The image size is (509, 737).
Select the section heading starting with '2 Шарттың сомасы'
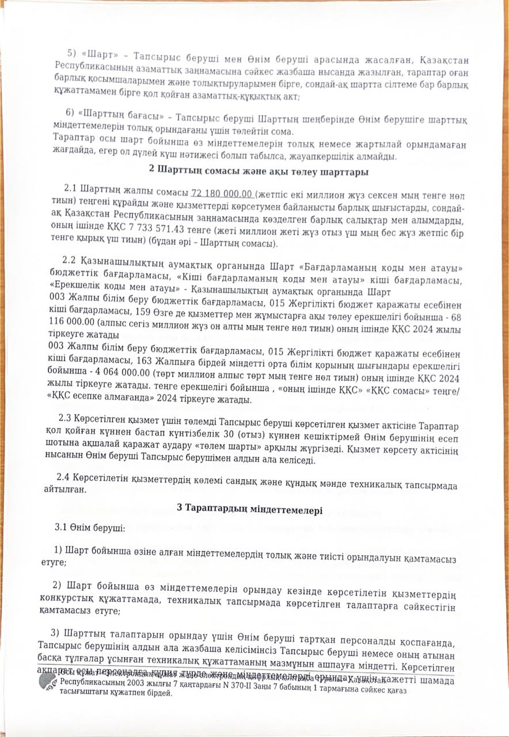[x=259, y=171]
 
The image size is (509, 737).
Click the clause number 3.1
[x=62, y=527]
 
